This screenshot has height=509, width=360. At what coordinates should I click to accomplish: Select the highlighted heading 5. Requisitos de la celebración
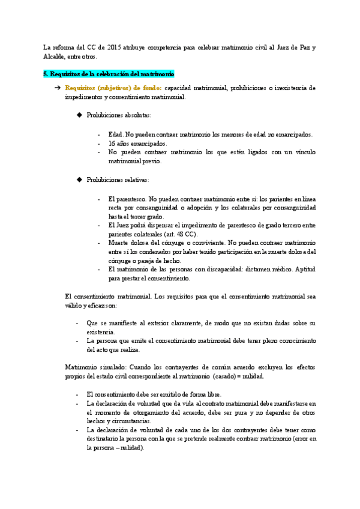pos(109,74)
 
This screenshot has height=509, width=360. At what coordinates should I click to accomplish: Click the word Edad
pos(115,134)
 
